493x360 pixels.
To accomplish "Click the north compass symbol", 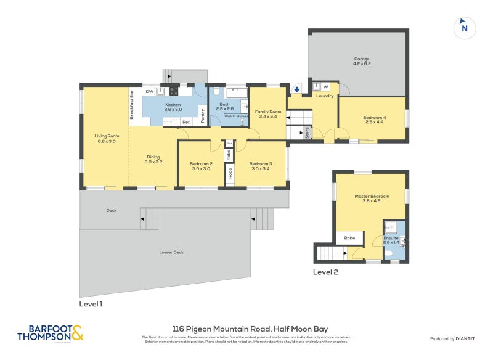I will tap(464, 28).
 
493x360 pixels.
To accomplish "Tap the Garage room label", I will tap(362, 59).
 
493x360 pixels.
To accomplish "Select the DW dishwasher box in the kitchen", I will tap(149, 91).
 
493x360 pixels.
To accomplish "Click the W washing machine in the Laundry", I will tap(326, 87).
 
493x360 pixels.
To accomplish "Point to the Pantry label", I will tap(203, 115).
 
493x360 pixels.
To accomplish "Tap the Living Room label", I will tap(107, 136).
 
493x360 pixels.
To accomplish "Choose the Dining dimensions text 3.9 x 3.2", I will tap(153, 162).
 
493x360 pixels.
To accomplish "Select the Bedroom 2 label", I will tap(201, 163).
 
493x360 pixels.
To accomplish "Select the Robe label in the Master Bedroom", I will tap(349, 237).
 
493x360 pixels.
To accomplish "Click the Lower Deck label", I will tap(171, 252).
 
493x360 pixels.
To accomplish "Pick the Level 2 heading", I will tap(325, 272).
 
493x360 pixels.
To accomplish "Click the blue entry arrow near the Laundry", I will tap(297, 90).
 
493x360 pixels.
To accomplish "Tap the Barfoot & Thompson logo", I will tap(51, 333).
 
